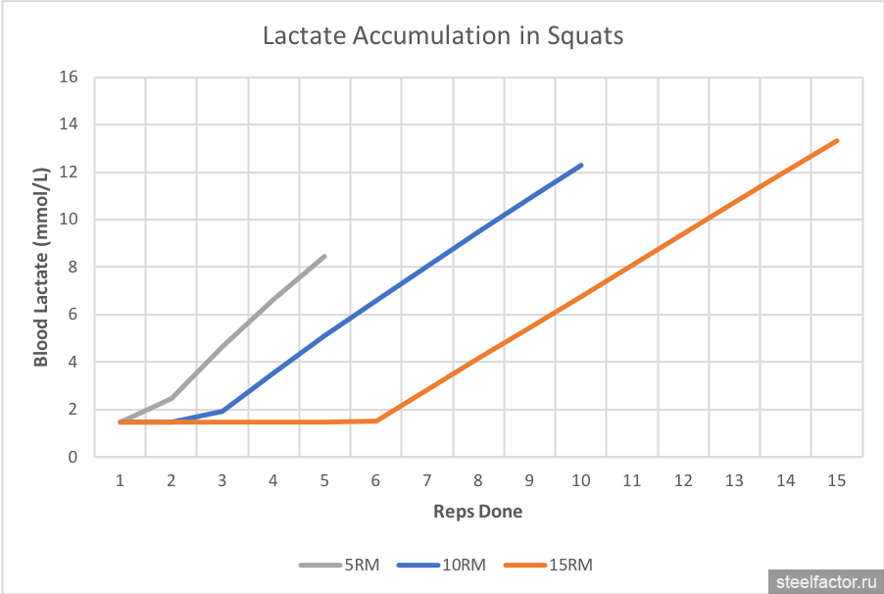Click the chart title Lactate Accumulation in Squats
[x=443, y=36]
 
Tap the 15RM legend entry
[x=549, y=565]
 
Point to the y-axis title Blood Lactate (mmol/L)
[x=41, y=267]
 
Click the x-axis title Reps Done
[x=478, y=512]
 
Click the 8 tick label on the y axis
[x=73, y=267]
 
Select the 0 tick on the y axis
[x=73, y=457]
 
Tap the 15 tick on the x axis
[x=836, y=480]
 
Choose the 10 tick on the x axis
[x=580, y=480]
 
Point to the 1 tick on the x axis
[x=120, y=480]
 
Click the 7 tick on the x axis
[x=426, y=480]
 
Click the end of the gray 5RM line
[x=324, y=257]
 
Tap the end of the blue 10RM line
[x=581, y=165]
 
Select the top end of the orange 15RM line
[x=837, y=140]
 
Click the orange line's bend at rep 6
[x=376, y=421]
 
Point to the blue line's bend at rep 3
[x=222, y=411]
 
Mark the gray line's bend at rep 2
[x=172, y=398]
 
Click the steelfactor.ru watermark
[x=820, y=580]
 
